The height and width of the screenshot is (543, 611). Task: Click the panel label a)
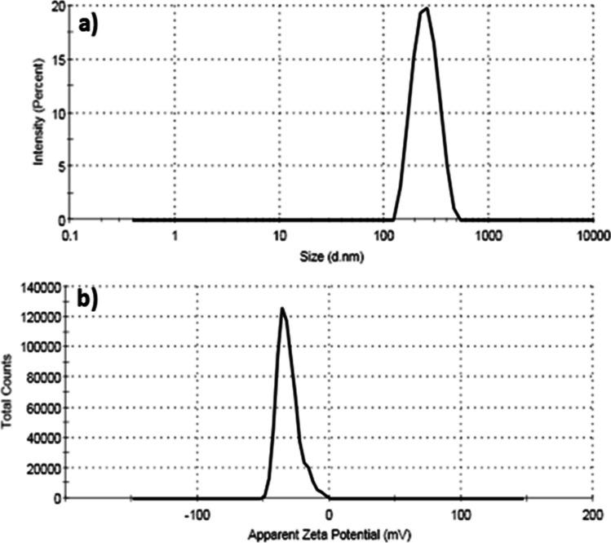(87, 24)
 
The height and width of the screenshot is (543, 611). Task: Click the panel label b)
(87, 298)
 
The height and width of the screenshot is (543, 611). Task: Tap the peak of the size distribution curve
(426, 9)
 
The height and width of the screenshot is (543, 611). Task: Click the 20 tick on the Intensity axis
(56, 7)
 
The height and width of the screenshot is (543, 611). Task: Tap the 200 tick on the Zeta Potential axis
(591, 514)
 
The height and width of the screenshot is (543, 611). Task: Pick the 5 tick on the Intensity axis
(59, 167)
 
